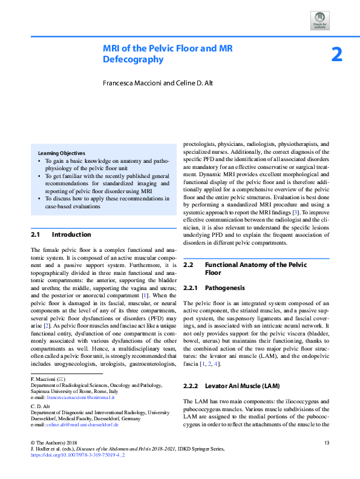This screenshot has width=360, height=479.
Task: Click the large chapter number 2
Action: [336, 55]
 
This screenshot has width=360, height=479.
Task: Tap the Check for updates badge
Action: [319, 21]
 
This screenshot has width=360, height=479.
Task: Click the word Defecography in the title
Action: [133, 59]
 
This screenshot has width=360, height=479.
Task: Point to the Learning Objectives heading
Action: [61, 153]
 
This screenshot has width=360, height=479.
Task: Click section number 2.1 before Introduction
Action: [35, 234]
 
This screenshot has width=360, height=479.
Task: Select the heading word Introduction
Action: [71, 234]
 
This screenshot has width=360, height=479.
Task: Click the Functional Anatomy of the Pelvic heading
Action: [256, 265]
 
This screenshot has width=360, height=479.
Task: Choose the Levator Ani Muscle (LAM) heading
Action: [242, 369]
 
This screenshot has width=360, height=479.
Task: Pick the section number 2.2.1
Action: [191, 288]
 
